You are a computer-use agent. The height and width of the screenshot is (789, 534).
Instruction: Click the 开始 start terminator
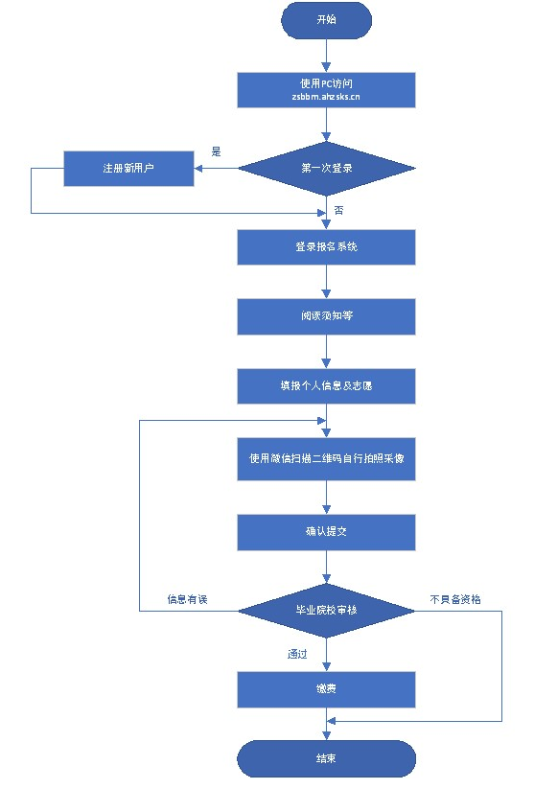click(326, 20)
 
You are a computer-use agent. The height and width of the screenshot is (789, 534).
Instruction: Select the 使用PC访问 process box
click(326, 90)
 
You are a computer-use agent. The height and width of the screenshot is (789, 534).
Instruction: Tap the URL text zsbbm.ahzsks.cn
click(326, 98)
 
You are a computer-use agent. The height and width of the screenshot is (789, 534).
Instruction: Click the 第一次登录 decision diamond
click(326, 169)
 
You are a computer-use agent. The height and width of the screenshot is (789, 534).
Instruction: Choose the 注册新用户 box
click(128, 169)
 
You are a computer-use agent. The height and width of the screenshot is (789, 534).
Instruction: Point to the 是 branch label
click(216, 151)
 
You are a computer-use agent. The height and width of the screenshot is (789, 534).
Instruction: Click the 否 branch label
click(338, 211)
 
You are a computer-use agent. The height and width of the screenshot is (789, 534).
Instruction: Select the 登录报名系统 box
click(326, 246)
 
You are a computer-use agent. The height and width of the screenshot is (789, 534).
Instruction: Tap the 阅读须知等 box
click(326, 316)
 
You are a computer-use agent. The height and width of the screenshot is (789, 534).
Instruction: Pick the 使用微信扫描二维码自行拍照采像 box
click(326, 458)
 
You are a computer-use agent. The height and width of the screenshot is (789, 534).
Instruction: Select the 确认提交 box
click(326, 531)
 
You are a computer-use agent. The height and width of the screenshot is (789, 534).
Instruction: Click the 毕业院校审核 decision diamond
click(326, 610)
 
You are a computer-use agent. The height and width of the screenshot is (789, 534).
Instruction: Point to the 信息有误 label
click(187, 600)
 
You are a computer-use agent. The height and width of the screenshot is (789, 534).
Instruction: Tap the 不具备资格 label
click(455, 600)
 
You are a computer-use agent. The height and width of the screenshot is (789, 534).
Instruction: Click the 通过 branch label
click(297, 655)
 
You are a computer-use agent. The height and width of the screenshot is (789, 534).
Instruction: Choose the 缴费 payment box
click(326, 688)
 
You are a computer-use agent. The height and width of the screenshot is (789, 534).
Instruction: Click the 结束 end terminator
click(326, 758)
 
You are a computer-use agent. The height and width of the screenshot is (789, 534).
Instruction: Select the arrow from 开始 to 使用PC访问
click(326, 56)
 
